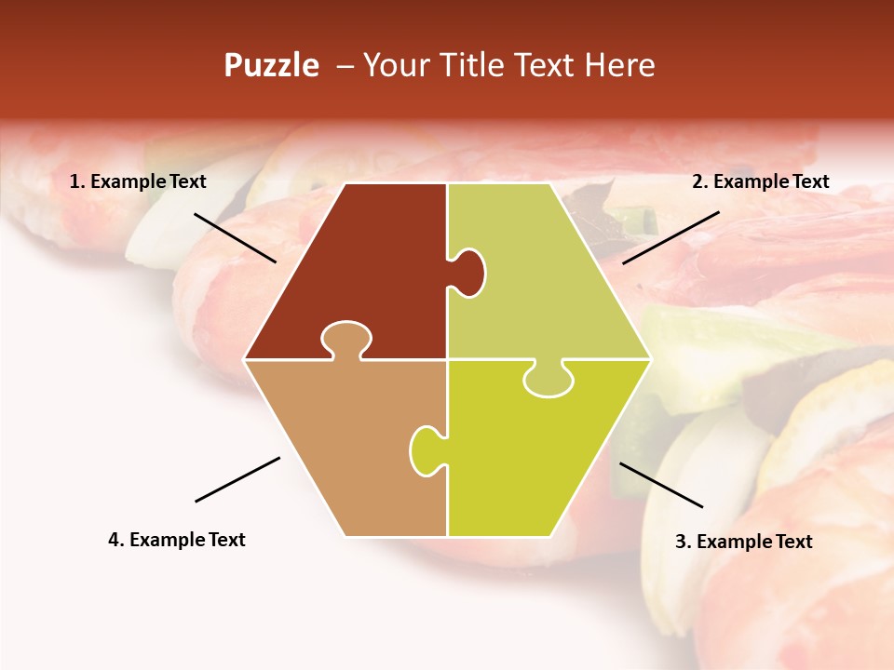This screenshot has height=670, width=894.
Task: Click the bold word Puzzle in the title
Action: point(271,65)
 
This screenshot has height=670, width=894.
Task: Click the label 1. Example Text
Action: point(138,182)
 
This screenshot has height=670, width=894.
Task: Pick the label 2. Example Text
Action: point(760,182)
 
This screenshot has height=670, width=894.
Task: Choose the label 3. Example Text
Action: point(743,542)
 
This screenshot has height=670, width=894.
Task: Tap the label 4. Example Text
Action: point(176,540)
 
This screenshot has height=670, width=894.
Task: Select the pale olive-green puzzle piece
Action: point(540,279)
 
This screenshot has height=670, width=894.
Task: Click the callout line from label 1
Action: point(235,237)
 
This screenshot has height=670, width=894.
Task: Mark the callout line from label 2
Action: point(670,237)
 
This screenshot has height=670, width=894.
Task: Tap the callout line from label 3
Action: point(661,485)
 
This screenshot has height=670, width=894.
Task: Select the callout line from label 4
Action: point(237,479)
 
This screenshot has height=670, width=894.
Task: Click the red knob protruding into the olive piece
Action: point(469,272)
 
